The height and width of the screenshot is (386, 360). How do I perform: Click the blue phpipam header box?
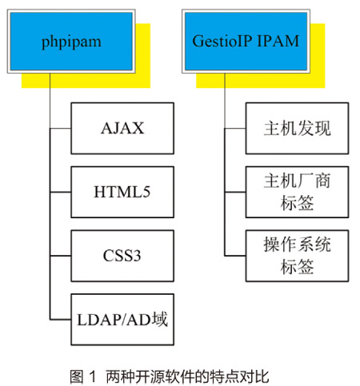(x=71, y=42)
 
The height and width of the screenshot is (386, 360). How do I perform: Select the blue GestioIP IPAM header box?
(x=246, y=42)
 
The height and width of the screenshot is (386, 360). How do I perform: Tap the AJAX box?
(x=122, y=128)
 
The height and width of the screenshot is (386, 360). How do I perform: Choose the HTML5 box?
(x=122, y=192)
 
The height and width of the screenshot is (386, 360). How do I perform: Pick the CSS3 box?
(x=122, y=256)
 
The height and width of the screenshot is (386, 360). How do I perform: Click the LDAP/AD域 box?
(x=122, y=320)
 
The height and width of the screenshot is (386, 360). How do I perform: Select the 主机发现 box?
(x=297, y=128)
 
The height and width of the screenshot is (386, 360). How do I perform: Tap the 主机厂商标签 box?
(x=297, y=192)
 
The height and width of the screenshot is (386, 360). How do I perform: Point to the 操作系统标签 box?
(x=297, y=256)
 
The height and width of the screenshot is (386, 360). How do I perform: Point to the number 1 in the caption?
(x=92, y=376)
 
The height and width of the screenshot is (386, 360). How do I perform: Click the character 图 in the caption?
(x=77, y=376)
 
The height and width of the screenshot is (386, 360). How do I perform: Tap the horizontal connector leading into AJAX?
(x=60, y=129)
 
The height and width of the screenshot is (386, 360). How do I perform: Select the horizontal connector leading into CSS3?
(x=60, y=256)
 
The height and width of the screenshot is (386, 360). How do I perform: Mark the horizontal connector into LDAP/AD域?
(x=60, y=320)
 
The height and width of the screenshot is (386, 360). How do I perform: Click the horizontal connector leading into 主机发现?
(x=235, y=129)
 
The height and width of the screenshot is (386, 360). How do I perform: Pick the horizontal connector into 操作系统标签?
(x=235, y=256)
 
